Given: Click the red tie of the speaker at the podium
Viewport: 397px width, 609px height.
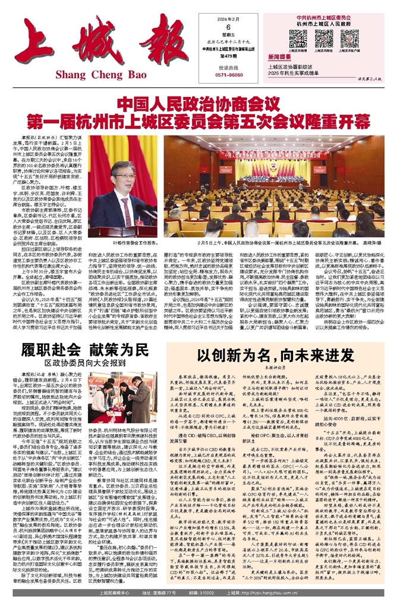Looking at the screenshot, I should coord(125,212).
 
